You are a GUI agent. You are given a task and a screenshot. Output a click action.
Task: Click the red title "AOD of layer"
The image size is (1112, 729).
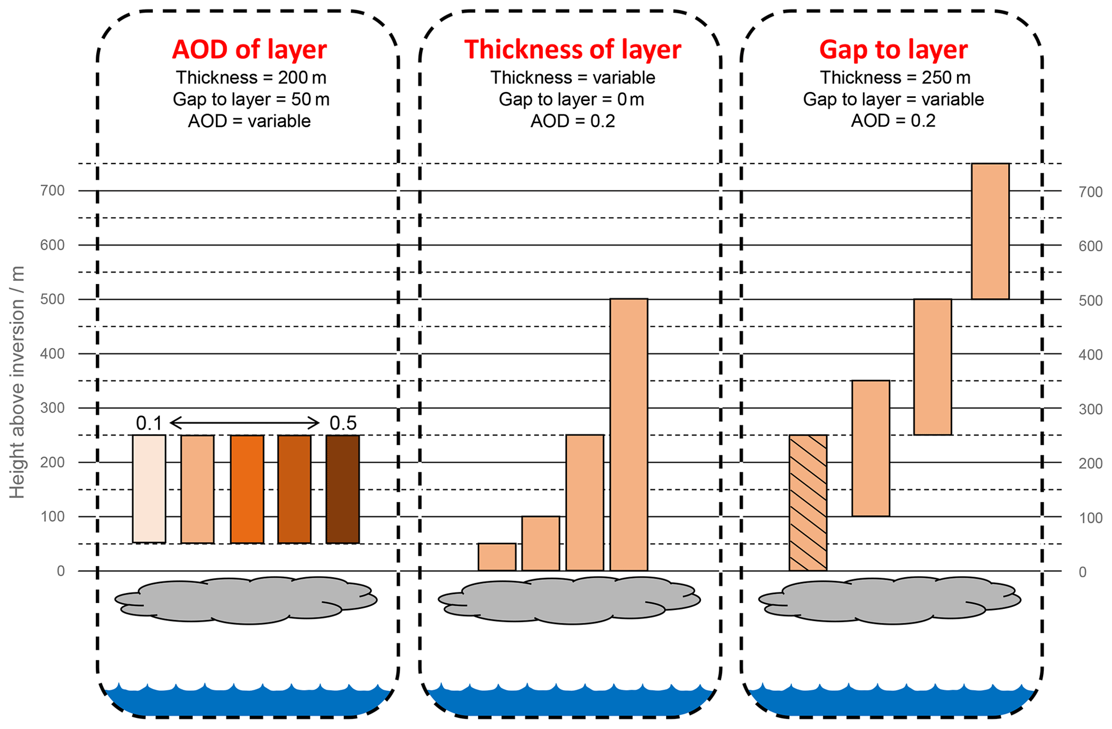[249, 49]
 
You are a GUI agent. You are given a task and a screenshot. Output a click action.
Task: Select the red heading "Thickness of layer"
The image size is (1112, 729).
[572, 49]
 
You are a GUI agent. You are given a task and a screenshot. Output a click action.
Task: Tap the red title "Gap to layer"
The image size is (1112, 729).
[893, 49]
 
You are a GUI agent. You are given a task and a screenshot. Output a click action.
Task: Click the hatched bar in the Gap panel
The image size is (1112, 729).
[808, 502]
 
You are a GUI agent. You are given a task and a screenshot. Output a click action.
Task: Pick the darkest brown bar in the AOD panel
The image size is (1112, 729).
[343, 489]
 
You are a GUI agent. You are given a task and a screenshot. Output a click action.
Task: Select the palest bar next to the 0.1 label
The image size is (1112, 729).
[149, 489]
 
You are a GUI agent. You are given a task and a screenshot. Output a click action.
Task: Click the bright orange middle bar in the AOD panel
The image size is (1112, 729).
[247, 489]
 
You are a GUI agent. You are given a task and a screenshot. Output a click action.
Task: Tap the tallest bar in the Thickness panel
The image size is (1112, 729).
[628, 435]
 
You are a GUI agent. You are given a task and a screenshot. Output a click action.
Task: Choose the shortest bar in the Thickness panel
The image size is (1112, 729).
[497, 557]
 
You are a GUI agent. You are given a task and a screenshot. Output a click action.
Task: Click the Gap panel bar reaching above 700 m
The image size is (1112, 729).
[990, 231]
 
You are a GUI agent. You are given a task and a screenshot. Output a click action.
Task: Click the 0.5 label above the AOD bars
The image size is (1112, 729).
[343, 423]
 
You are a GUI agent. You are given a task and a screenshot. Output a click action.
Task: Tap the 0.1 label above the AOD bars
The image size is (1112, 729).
[148, 423]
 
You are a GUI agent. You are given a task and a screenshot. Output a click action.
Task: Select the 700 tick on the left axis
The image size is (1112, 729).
[52, 190]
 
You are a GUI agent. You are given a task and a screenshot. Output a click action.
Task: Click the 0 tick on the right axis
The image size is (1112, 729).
[1082, 572]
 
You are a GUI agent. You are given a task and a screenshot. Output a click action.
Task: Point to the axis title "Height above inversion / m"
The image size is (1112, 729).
[17, 382]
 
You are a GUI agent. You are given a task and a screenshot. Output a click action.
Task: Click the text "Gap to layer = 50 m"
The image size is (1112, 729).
[251, 100]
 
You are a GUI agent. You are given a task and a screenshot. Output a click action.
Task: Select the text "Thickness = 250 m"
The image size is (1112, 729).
[895, 78]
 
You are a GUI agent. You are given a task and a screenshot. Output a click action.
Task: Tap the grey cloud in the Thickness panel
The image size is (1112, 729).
[569, 600]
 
